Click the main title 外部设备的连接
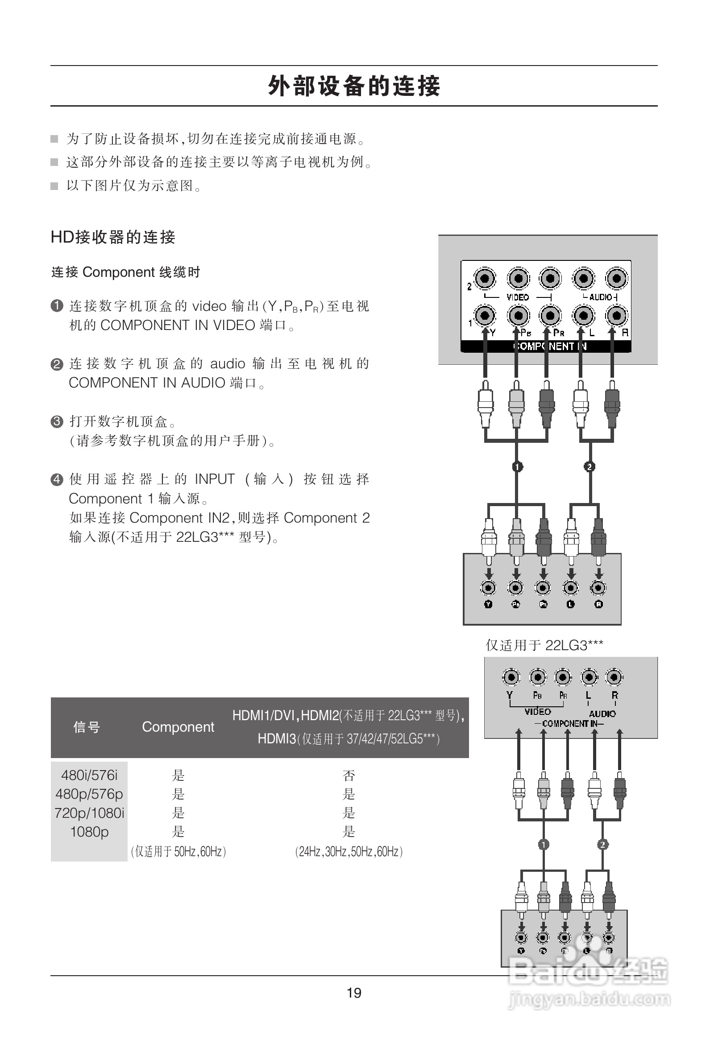tap(354, 86)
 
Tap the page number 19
tap(354, 993)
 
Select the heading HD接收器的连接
tap(113, 237)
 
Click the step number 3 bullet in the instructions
tap(57, 421)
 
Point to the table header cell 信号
tap(86, 727)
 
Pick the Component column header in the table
tap(178, 727)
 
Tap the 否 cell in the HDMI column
tap(349, 775)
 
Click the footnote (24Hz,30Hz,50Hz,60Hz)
tap(349, 851)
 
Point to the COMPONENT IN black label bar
tap(546, 346)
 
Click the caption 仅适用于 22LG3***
tap(544, 645)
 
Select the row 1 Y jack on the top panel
tap(485, 316)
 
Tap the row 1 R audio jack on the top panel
tap(616, 316)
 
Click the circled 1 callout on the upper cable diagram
tap(517, 467)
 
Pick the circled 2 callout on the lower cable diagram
tap(602, 845)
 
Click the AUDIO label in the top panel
tap(601, 297)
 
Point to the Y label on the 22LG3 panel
tap(510, 695)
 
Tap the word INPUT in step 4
tap(215, 479)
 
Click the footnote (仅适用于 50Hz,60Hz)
tap(178, 851)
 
